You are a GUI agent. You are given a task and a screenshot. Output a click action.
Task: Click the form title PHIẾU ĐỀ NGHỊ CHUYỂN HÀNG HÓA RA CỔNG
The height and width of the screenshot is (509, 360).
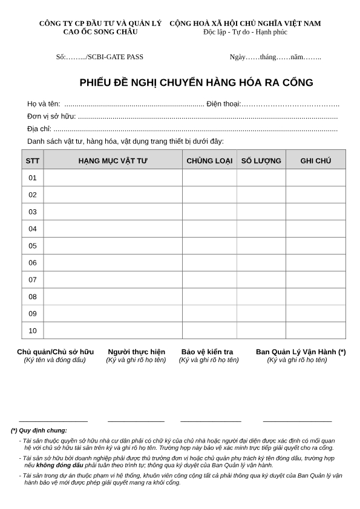pyautogui.click(x=196, y=83)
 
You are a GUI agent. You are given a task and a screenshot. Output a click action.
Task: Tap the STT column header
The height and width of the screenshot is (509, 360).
pyautogui.click(x=33, y=161)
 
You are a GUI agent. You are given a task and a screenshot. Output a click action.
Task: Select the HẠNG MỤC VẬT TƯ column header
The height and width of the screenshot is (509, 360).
pyautogui.click(x=113, y=161)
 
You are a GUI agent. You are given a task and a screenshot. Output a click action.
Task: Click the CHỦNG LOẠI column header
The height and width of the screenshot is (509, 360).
pyautogui.click(x=209, y=161)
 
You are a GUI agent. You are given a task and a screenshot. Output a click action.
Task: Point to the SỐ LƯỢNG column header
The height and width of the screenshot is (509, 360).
pyautogui.click(x=261, y=161)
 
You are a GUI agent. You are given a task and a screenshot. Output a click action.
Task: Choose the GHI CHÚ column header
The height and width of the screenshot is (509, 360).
pyautogui.click(x=315, y=161)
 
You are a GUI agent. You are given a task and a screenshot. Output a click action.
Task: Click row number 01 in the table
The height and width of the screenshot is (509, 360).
pyautogui.click(x=33, y=178)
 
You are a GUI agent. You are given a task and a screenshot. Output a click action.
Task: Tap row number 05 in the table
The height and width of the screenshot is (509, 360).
pyautogui.click(x=33, y=245)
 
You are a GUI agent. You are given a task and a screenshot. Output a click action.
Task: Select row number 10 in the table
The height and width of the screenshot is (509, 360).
pyautogui.click(x=33, y=331)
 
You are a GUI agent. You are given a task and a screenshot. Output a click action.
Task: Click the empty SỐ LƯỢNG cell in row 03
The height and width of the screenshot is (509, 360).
pyautogui.click(x=261, y=212)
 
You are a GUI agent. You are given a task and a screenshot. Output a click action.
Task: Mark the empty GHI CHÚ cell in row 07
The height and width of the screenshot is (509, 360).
pyautogui.click(x=315, y=280)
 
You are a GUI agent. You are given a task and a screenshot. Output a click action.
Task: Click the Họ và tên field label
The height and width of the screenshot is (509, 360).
pyautogui.click(x=44, y=104)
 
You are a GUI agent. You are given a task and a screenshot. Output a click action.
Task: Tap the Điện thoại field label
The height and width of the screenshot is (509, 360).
pyautogui.click(x=223, y=104)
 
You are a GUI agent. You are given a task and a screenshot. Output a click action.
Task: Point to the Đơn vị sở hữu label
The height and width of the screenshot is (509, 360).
pyautogui.click(x=51, y=116)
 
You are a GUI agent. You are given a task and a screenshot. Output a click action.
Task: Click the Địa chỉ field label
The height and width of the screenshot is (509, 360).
pyautogui.click(x=39, y=129)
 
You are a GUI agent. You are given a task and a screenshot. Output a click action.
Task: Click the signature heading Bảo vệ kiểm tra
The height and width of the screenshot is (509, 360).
pyautogui.click(x=207, y=352)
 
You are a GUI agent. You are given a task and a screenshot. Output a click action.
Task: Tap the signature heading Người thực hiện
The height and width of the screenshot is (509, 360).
pyautogui.click(x=136, y=352)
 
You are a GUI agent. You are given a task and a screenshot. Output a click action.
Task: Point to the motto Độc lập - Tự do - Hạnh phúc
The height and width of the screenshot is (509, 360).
pyautogui.click(x=245, y=32)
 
